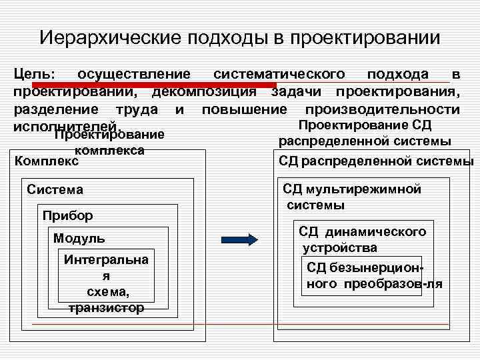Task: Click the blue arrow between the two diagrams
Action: click(x=238, y=239)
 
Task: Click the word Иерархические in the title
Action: click(x=100, y=37)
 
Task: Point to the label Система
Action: click(x=55, y=190)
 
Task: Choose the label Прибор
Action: click(x=67, y=215)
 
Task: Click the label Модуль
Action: click(x=79, y=239)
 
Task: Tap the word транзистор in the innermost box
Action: click(x=107, y=307)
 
